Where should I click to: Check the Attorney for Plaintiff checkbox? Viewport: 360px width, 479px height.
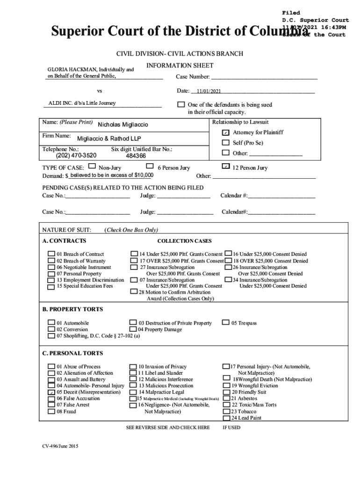click(226, 133)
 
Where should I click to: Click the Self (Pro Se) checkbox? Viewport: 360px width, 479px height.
click(226, 143)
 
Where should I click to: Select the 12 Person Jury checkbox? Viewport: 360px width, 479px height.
click(226, 167)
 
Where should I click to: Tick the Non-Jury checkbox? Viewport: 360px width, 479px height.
click(92, 166)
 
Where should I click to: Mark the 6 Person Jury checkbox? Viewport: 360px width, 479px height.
click(150, 166)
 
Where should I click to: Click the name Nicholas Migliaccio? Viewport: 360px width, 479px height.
click(122, 125)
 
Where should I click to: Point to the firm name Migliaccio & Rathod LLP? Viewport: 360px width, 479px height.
click(108, 138)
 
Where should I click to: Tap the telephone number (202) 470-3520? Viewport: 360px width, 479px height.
click(76, 155)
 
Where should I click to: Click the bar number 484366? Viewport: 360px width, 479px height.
click(136, 156)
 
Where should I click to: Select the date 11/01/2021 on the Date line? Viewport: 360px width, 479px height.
click(209, 92)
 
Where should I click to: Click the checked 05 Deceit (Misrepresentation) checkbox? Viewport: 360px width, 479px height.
click(51, 392)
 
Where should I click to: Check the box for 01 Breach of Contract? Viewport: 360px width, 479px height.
click(51, 254)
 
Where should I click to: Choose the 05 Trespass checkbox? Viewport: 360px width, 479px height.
click(226, 323)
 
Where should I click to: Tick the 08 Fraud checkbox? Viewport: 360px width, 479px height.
click(51, 412)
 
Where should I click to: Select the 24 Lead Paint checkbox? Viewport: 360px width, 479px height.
click(227, 418)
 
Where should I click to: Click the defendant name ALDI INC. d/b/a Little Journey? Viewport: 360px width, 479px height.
click(82, 103)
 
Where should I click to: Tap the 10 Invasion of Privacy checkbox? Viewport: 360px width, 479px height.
click(133, 367)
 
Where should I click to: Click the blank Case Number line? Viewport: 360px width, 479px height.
click(264, 77)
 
